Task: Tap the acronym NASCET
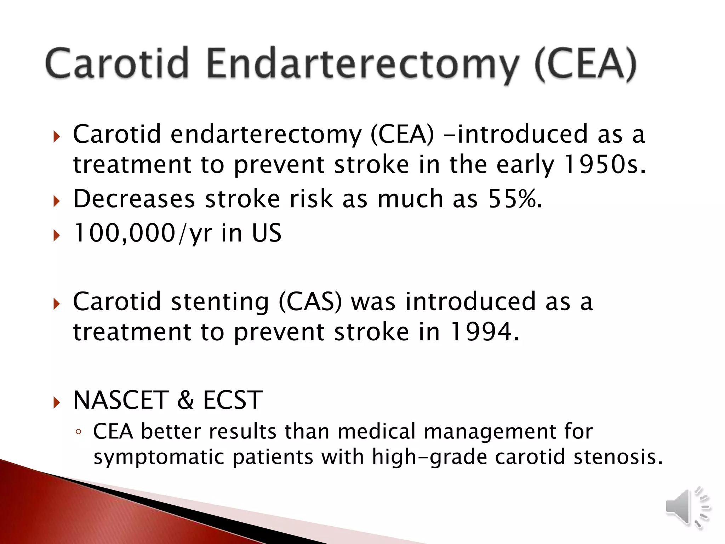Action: [x=121, y=400]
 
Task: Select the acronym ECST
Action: [x=233, y=400]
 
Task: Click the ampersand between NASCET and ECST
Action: [x=185, y=400]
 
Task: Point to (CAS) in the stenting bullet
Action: [x=310, y=302]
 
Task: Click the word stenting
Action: [x=219, y=302]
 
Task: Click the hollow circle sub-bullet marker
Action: [x=79, y=432]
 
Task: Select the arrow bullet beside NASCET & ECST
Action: [x=57, y=402]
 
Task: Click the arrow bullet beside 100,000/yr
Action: [x=57, y=235]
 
